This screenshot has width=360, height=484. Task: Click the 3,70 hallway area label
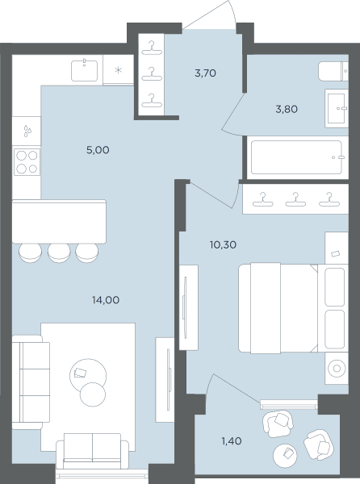pos(205,73)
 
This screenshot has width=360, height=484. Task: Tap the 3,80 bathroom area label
pos(287,109)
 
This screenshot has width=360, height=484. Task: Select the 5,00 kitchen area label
pos(98,150)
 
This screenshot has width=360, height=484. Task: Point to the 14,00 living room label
pos(106,300)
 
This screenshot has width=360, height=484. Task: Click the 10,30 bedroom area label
pos(223,244)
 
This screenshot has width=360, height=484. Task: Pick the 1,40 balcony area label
pos(232,441)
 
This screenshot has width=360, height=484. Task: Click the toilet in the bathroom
pos(333,71)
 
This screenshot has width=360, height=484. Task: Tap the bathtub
pos(296,157)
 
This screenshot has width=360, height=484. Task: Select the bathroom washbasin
pos(337,108)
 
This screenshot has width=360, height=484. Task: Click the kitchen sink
pos(84,71)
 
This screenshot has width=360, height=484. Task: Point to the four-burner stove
pos(27,162)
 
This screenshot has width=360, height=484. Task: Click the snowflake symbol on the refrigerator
pos(118,70)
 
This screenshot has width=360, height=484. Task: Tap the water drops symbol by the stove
pos(27,131)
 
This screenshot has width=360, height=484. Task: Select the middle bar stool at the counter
pos(59,252)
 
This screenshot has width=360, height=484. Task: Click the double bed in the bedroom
pos(293,308)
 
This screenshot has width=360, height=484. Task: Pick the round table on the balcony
pos(285,456)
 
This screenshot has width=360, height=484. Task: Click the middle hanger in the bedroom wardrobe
pos(295,199)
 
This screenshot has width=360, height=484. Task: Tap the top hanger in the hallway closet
pos(152,48)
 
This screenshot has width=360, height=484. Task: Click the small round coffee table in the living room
pos(93,394)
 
